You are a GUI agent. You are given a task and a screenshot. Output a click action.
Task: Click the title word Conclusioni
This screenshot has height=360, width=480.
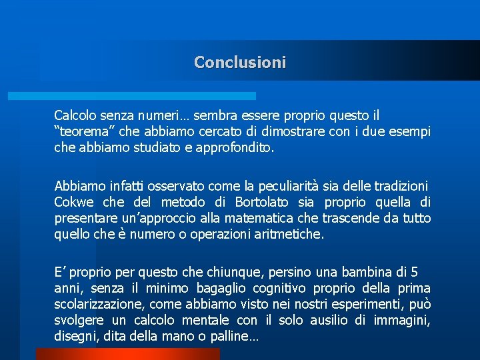(240, 63)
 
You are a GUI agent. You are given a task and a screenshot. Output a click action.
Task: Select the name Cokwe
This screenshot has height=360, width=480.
(74, 202)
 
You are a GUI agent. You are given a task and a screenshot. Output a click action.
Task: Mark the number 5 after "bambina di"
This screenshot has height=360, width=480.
(415, 273)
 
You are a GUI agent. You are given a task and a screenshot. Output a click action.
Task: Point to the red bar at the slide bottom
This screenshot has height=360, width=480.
(127, 354)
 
